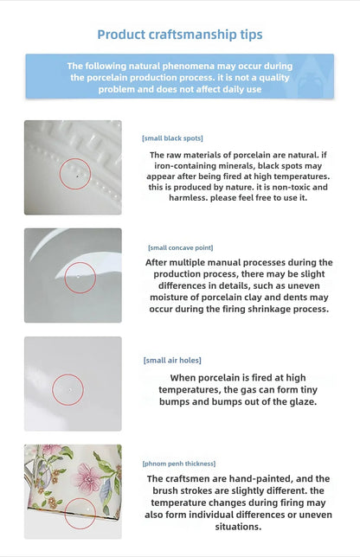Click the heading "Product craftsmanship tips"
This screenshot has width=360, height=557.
[180, 35]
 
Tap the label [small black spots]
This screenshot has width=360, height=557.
[172, 138]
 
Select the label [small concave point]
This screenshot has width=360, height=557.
[181, 247]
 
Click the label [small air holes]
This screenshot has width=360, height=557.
[172, 360]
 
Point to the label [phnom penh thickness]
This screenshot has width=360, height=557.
[179, 464]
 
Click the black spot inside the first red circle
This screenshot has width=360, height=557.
[77, 176]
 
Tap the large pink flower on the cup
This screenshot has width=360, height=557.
[87, 477]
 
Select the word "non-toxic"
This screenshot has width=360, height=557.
[287, 187]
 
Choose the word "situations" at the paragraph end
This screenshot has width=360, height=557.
[238, 527]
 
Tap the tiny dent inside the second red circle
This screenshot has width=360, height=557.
[78, 276]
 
